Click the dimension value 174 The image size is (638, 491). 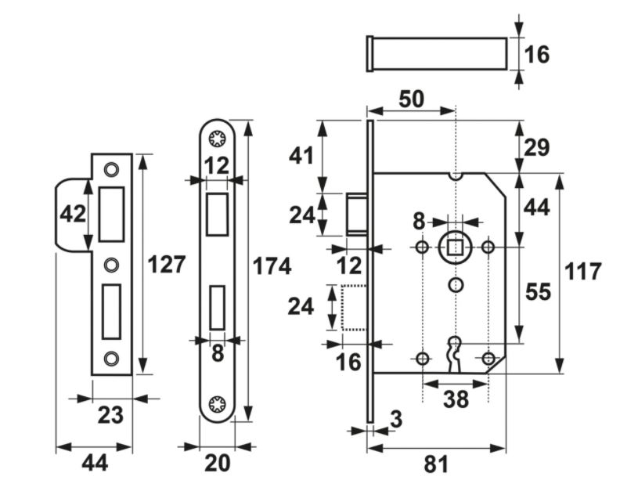[x=272, y=266]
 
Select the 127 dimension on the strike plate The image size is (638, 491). [x=166, y=265]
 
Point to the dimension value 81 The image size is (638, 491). [x=436, y=464]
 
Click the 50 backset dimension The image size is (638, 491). [x=411, y=99]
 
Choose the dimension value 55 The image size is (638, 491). [x=538, y=292]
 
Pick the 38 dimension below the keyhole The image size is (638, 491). [x=456, y=399]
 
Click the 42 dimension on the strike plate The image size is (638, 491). [x=72, y=214]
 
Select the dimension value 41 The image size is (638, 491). [x=301, y=155]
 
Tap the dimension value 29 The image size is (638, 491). [x=538, y=147]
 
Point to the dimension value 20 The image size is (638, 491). [x=218, y=464]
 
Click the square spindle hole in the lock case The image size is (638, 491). [x=455, y=247]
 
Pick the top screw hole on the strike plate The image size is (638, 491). [x=111, y=168]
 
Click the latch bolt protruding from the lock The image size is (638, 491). [x=357, y=213]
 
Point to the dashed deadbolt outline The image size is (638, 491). [x=354, y=307]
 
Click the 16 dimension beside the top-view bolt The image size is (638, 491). [x=537, y=55]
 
